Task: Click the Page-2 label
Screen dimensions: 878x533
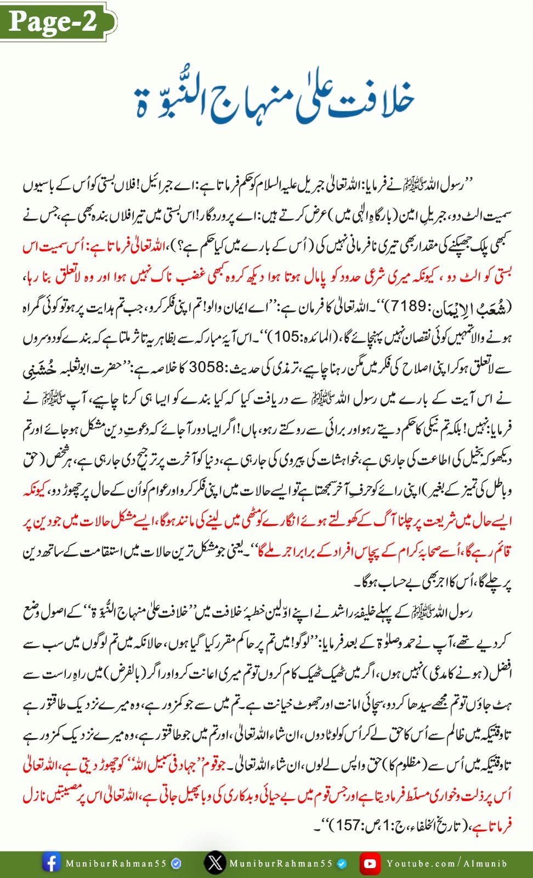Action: tap(53, 21)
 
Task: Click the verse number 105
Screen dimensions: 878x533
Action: tap(287, 336)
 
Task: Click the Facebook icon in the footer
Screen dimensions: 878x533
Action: tap(51, 863)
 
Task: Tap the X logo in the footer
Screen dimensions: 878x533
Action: tap(214, 863)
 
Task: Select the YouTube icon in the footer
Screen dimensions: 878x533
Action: tap(370, 863)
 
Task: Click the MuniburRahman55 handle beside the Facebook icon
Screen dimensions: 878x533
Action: tap(116, 864)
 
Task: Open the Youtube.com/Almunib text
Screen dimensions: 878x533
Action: tap(446, 864)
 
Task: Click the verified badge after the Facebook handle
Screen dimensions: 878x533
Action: tap(177, 864)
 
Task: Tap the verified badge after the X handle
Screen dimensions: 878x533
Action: tap(342, 864)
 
